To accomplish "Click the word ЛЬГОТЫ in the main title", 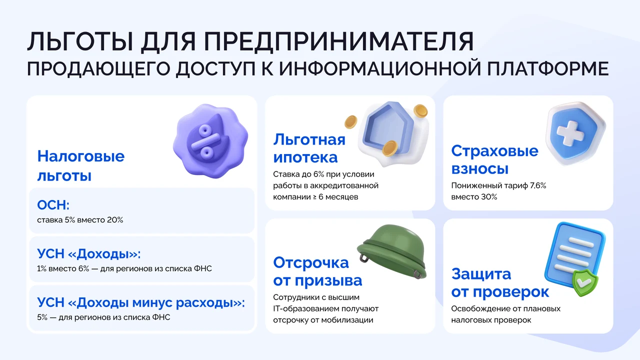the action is pyautogui.click(x=80, y=41).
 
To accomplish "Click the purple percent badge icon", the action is pyautogui.click(x=210, y=141).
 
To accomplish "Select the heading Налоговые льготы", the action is pyautogui.click(x=81, y=165).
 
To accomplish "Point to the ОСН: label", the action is pyautogui.click(x=53, y=205).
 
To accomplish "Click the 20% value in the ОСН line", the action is pyautogui.click(x=115, y=220).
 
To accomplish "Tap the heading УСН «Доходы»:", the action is pyautogui.click(x=89, y=253).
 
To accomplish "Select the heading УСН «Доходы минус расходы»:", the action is pyautogui.click(x=141, y=302).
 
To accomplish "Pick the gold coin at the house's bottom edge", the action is pyautogui.click(x=390, y=148).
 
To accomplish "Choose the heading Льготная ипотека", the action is pyautogui.click(x=309, y=148).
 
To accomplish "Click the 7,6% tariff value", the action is pyautogui.click(x=538, y=185).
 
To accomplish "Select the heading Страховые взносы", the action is pyautogui.click(x=495, y=159).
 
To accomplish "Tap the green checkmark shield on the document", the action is pyautogui.click(x=584, y=282).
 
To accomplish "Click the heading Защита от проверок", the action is pyautogui.click(x=500, y=283).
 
